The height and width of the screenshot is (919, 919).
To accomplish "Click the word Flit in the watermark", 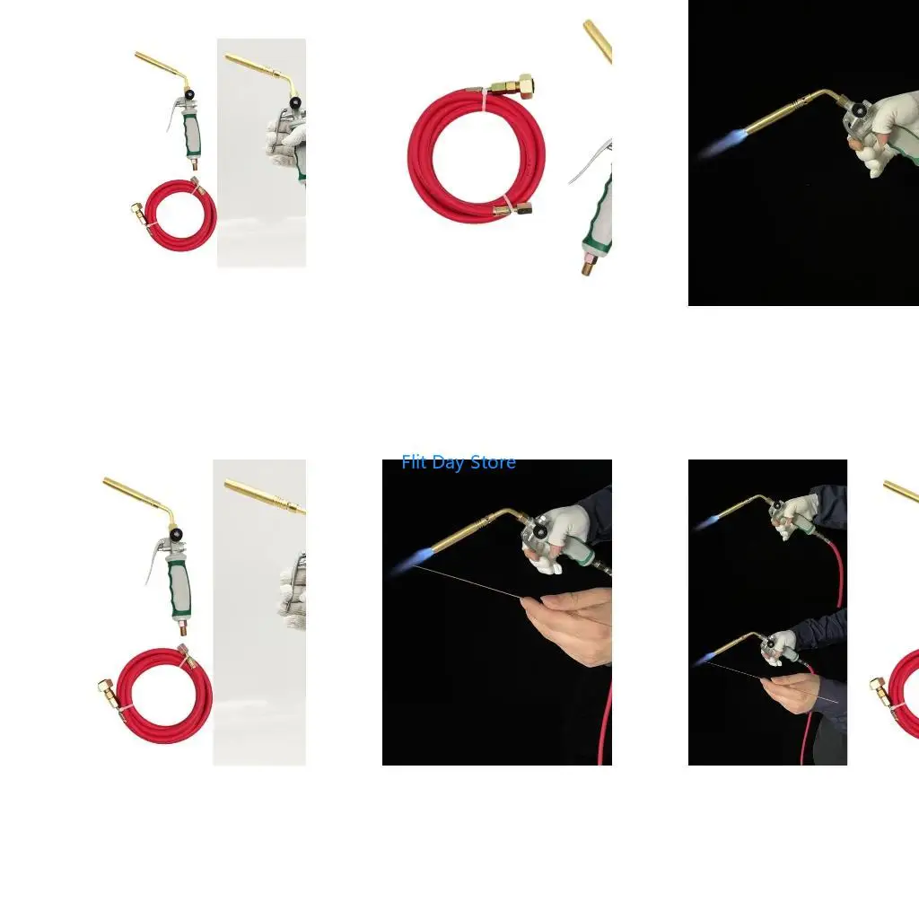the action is point(413,462).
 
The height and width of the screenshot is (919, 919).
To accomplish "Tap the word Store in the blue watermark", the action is point(494,462).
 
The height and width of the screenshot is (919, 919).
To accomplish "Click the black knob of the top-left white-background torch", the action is point(188,93).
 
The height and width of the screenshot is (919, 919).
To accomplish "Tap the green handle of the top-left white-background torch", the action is point(192,135).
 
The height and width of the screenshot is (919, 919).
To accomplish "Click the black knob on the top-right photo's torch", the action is point(859,109).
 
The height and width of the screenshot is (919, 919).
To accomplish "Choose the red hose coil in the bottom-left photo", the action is point(164,696).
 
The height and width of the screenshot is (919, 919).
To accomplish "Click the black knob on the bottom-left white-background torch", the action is point(175,534).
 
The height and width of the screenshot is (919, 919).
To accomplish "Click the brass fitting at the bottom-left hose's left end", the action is point(107,687).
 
